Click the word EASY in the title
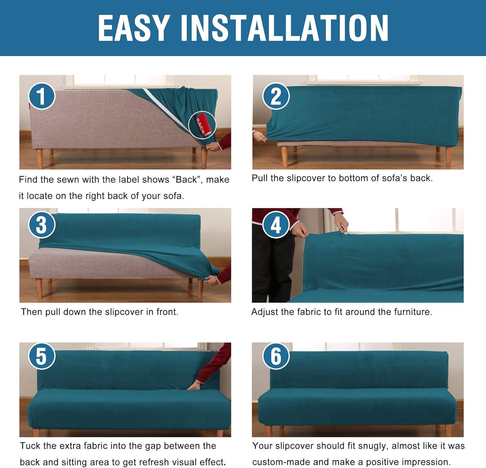[134, 28]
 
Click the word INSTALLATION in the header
[284, 28]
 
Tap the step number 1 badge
[41, 96]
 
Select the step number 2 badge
[276, 96]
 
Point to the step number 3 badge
[41, 225]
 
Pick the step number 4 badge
[276, 225]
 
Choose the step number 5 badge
[41, 356]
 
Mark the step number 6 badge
[276, 356]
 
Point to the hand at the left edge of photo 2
[260, 136]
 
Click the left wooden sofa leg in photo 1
[40, 159]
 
